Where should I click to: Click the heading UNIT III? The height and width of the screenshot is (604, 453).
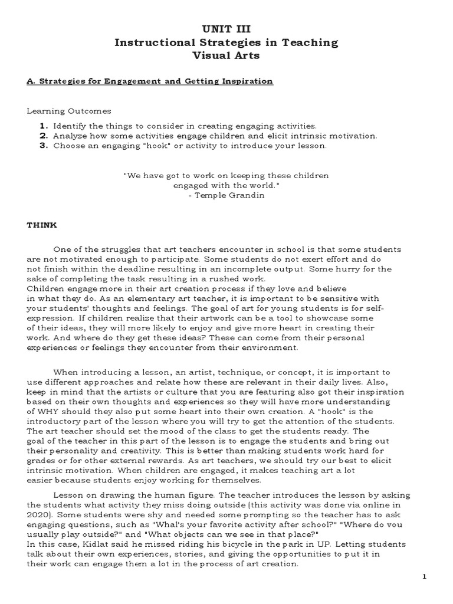[226, 29]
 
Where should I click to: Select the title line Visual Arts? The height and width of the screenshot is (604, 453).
[226, 55]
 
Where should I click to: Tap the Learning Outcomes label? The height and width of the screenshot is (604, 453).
[68, 111]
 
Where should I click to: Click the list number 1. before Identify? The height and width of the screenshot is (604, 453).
[44, 126]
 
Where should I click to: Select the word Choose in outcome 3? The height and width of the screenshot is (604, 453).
[68, 146]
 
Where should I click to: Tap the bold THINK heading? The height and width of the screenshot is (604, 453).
[41, 225]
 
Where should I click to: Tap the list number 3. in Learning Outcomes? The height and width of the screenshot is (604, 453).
[44, 146]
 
